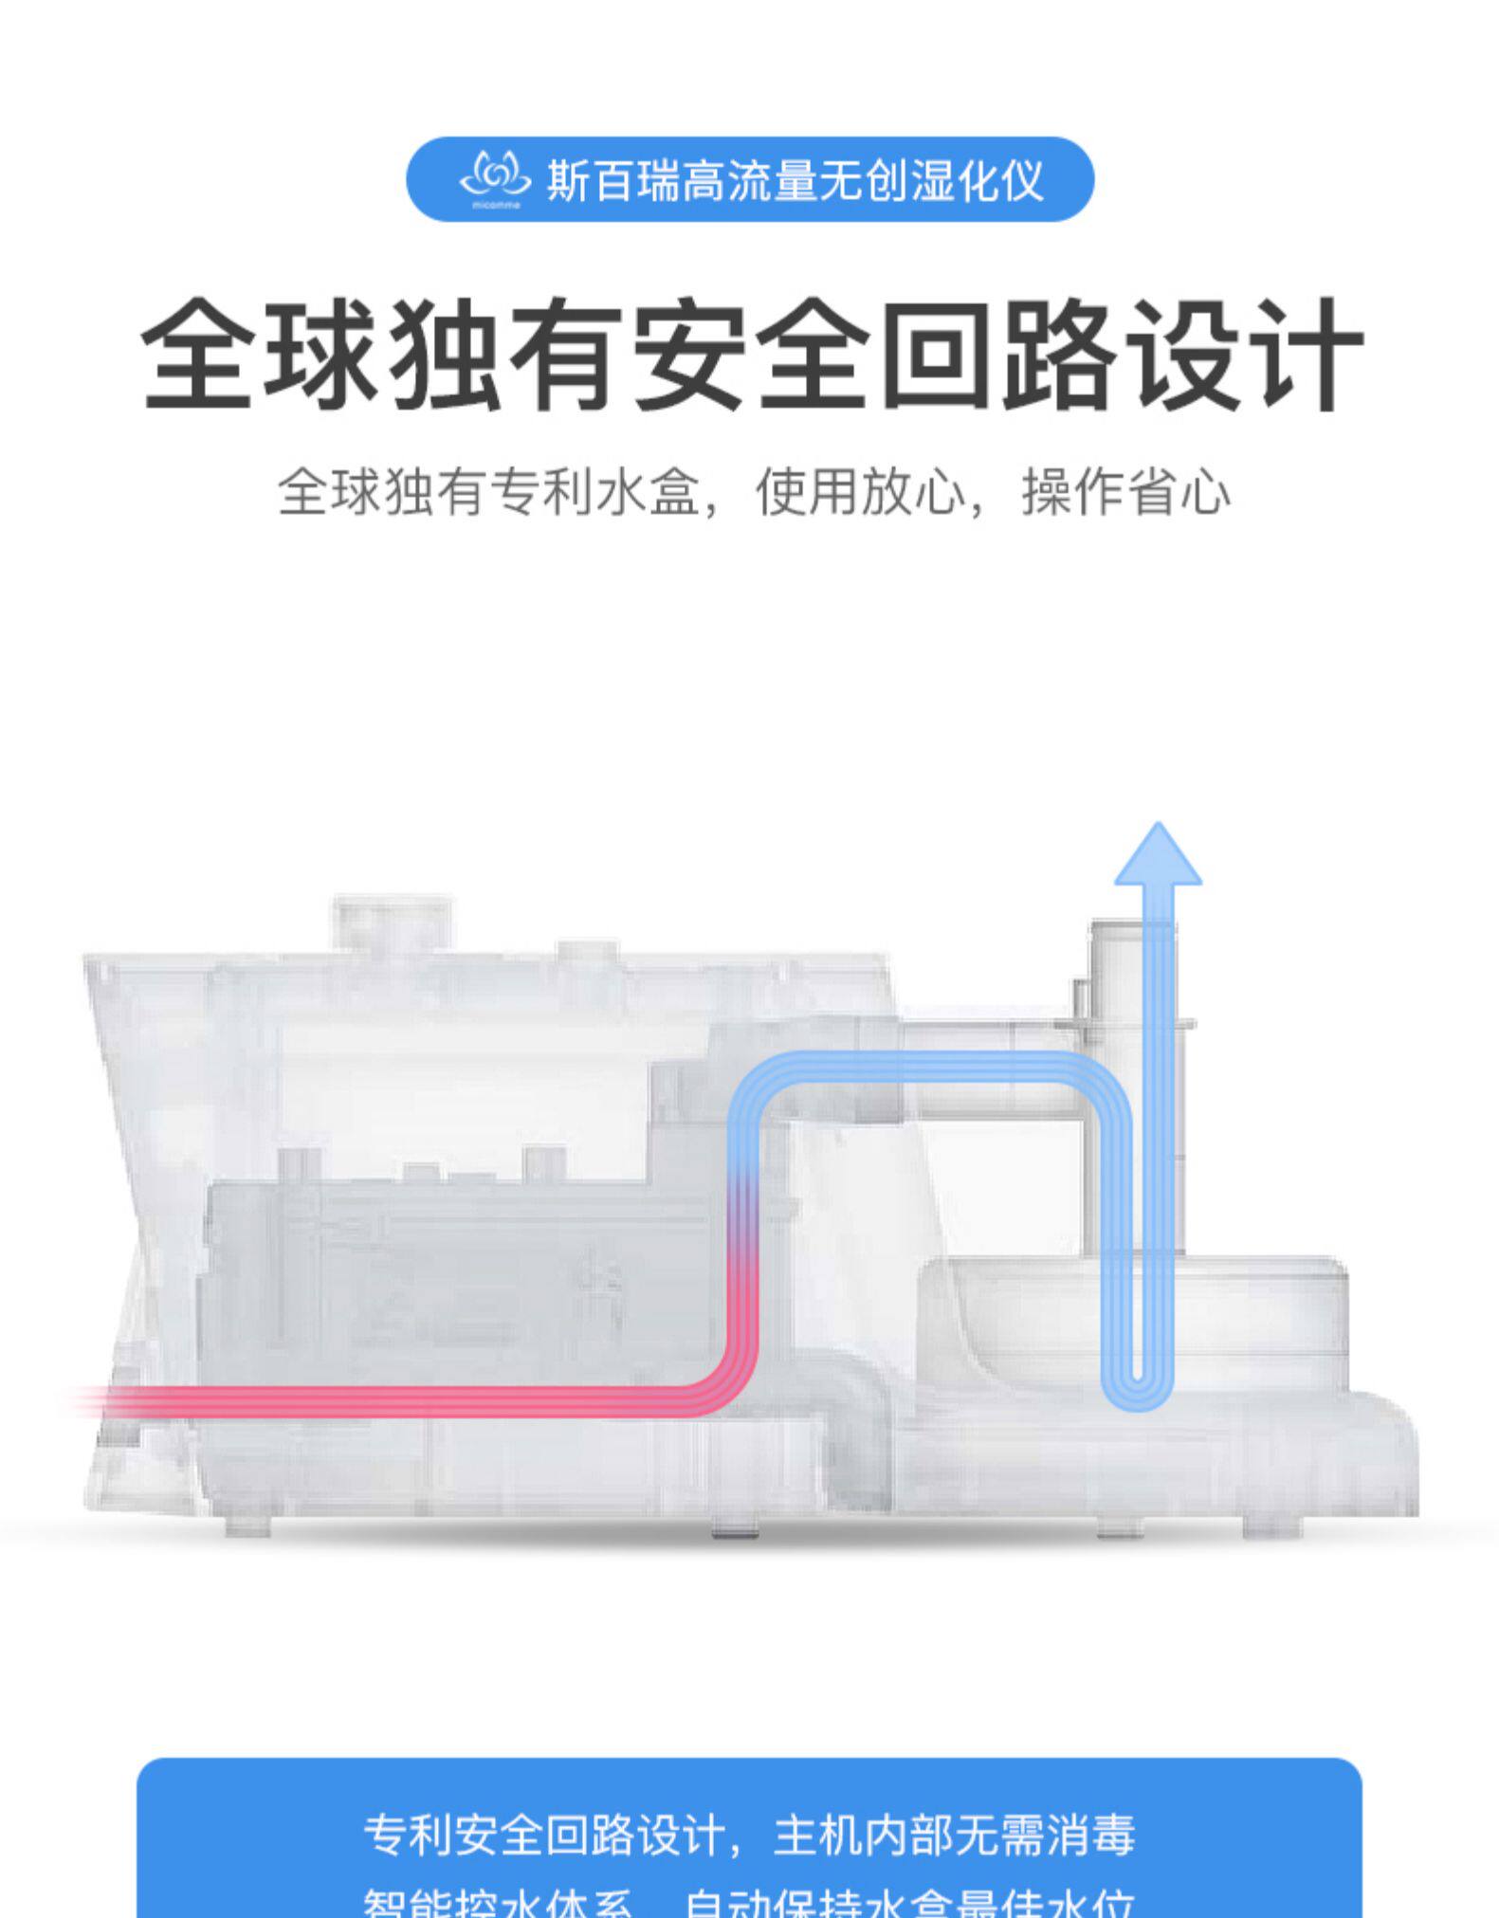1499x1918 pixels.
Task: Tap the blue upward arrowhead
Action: coord(1158,855)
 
